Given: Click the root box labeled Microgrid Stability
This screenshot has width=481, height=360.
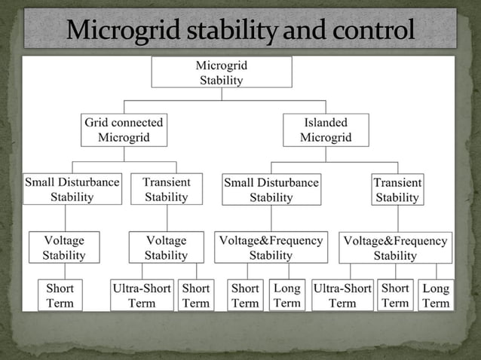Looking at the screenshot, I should coord(222,72).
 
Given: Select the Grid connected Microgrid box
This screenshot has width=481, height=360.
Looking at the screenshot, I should coord(124,130).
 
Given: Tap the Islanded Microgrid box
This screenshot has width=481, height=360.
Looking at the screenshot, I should coord(326,130).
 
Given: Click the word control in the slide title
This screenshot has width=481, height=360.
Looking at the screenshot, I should coord(374,31).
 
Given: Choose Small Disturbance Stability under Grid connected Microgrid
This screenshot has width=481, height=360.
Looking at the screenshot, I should coord(72,189).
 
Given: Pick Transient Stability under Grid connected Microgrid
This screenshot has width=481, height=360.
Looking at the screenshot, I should coord(166,189).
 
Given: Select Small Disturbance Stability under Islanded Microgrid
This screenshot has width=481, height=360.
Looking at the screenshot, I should coord(271,190).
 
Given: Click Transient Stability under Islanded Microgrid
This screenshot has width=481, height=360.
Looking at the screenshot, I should coord(397,190).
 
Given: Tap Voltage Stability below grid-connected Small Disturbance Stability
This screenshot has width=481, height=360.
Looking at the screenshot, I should coord(63,247).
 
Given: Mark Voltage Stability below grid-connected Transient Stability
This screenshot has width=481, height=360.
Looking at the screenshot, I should coord(166,247).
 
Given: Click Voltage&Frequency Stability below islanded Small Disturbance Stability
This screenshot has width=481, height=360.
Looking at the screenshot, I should coord(271,247).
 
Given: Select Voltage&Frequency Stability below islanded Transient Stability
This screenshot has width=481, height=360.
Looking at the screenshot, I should coord(395,248).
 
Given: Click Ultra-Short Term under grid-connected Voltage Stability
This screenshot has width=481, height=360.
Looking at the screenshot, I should coord(142,295).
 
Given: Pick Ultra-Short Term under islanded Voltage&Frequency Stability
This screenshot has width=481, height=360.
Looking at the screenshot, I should coord(342,295).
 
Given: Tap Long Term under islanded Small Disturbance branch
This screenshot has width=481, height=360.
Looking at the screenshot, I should coord(286,295).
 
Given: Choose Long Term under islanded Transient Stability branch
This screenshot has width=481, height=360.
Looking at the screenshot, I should coord(436,296).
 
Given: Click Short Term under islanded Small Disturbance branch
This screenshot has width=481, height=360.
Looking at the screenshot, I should coord(245,295).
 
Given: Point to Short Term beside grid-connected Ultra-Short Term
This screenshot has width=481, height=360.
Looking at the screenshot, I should coord(196,295).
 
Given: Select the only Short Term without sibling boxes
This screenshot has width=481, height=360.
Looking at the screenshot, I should coord(60,295).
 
